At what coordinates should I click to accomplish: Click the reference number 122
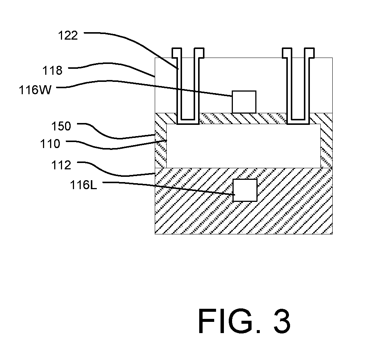click(x=68, y=36)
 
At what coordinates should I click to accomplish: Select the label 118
click(x=52, y=71)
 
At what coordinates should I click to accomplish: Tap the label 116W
click(x=36, y=90)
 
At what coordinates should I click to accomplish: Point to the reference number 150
click(x=61, y=126)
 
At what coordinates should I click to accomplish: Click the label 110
click(x=50, y=144)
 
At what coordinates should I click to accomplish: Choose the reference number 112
click(x=61, y=165)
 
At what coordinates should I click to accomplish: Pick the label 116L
click(x=83, y=185)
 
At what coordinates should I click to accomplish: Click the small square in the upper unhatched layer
click(x=244, y=102)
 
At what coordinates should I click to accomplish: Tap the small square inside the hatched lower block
click(x=245, y=190)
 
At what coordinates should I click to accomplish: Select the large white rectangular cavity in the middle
click(x=243, y=146)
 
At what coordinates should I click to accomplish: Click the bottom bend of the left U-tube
click(x=188, y=122)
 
